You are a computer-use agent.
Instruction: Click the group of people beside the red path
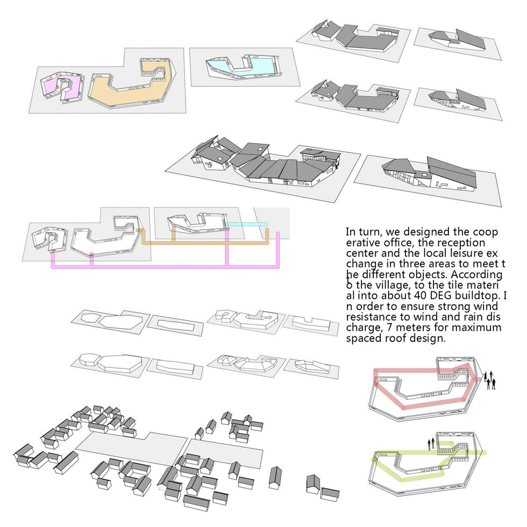click(490, 380)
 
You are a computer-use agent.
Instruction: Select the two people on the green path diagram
click(431, 444)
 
